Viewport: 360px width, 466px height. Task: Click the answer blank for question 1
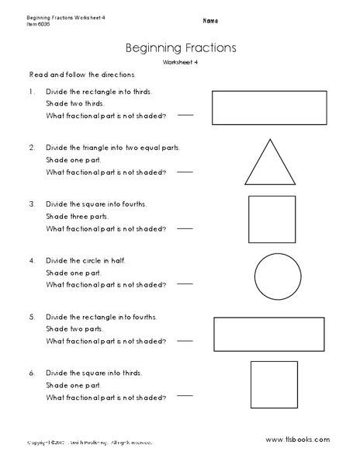(186, 114)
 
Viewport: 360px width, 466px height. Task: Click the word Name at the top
(210, 19)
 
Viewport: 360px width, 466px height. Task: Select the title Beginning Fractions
(180, 47)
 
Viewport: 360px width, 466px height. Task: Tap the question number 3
(32, 204)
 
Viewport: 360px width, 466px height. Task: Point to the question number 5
(32, 318)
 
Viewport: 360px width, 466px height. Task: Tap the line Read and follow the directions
(81, 75)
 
